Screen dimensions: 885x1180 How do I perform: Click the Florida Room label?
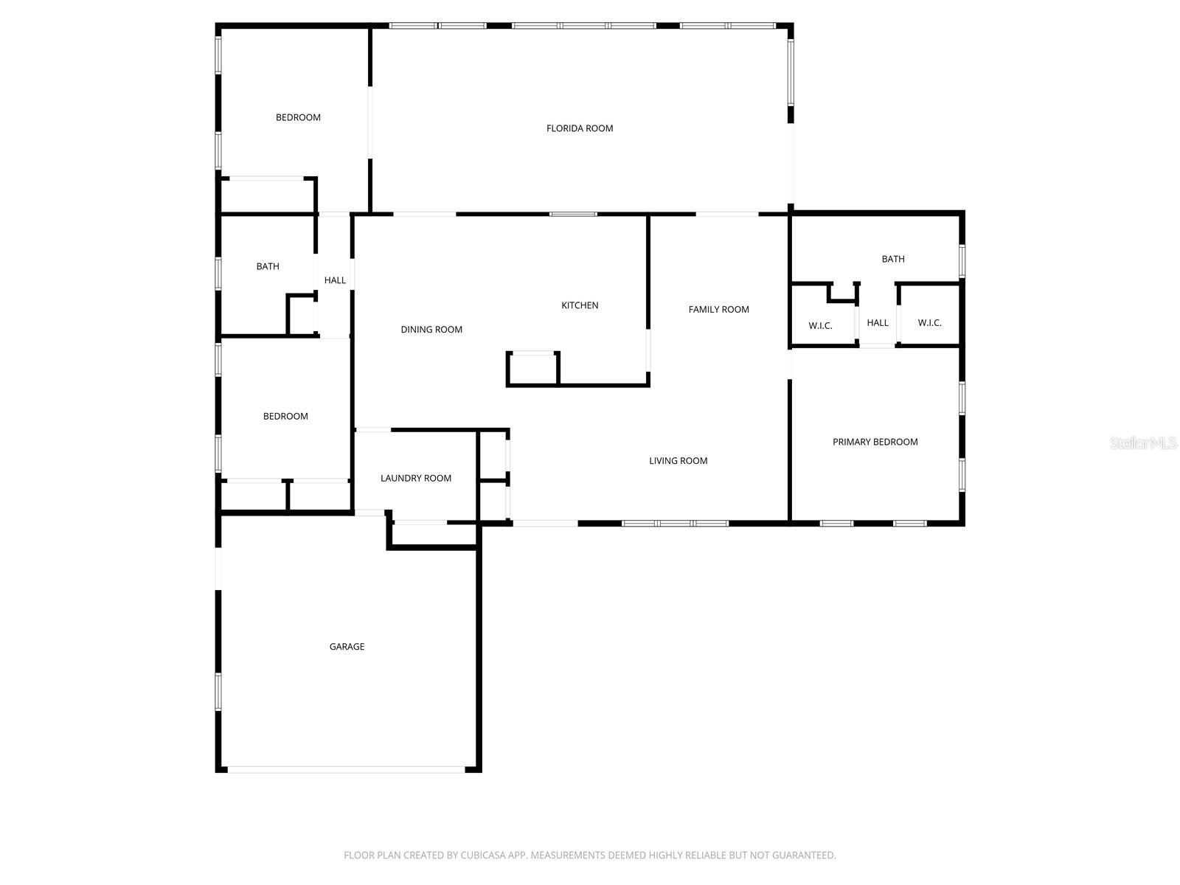(580, 128)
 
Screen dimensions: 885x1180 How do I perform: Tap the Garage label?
(347, 647)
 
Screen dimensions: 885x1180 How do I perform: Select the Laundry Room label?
(416, 478)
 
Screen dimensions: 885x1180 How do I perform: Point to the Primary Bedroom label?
(875, 442)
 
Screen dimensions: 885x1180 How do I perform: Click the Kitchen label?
(580, 305)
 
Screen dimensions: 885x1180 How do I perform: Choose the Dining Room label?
(431, 330)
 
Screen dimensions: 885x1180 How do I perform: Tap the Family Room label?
(718, 310)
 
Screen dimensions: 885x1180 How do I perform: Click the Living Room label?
(678, 461)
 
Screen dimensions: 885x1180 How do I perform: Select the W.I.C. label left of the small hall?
(820, 325)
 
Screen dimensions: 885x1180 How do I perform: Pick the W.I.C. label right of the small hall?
(929, 323)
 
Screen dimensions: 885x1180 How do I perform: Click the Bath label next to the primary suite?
(892, 259)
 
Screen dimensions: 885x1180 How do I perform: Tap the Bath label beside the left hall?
(268, 266)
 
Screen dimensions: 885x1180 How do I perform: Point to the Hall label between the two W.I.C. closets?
(878, 323)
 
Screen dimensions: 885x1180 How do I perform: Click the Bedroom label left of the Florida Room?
(298, 117)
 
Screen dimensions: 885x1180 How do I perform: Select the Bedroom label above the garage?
(285, 417)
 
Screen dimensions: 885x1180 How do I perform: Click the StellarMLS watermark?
(1143, 442)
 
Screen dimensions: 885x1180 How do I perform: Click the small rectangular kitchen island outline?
(532, 369)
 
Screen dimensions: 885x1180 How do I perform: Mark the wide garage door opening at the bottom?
(347, 769)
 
